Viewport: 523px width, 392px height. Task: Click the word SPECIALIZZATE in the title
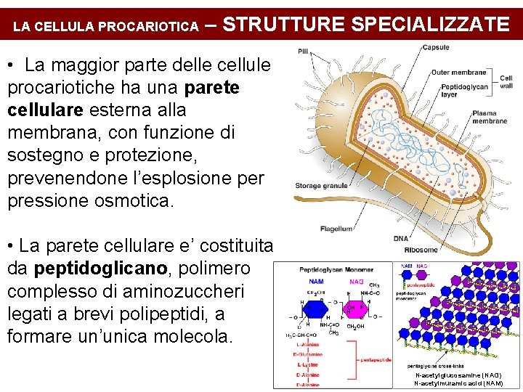point(430,24)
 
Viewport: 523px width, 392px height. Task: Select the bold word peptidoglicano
point(101,269)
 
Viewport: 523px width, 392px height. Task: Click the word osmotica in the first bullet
point(134,200)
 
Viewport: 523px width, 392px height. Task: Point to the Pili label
point(302,51)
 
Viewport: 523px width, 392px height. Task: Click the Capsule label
point(436,48)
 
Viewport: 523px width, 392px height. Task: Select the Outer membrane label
point(458,73)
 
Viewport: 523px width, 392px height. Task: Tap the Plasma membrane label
point(489,117)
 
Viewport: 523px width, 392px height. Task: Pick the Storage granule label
point(321,186)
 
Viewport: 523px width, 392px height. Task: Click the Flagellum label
point(336,229)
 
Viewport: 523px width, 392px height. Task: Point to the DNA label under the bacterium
point(400,239)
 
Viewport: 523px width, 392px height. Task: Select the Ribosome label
point(420,250)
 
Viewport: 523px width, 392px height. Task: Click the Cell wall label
point(506,82)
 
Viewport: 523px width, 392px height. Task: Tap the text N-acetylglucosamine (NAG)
point(458,375)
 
